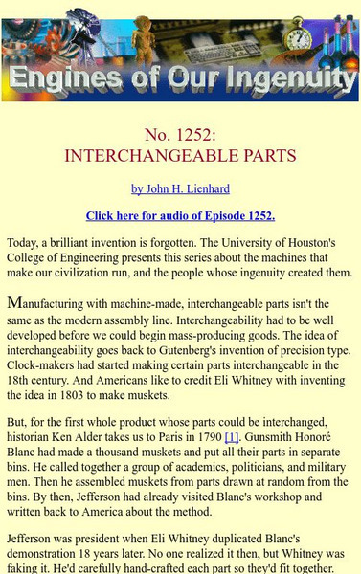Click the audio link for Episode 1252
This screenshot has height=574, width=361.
(180, 215)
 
